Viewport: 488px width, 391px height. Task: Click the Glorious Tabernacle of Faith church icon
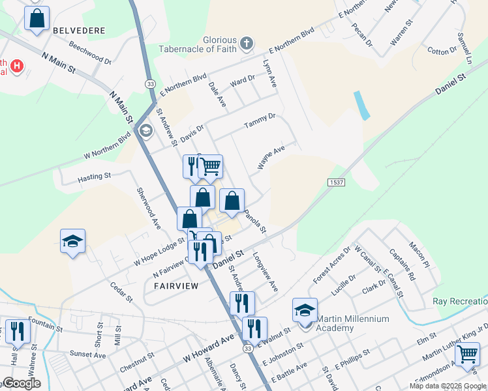(x=246, y=44)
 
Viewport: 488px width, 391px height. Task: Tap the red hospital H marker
(x=17, y=66)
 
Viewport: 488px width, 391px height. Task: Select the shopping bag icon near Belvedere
(x=37, y=18)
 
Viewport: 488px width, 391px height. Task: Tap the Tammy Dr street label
(x=260, y=121)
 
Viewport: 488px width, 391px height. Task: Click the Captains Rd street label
(x=403, y=267)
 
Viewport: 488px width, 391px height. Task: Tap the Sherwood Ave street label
(x=148, y=208)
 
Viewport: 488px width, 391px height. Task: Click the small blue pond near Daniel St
(x=361, y=106)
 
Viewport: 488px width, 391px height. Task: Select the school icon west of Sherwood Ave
(x=73, y=240)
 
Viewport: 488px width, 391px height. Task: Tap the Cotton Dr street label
(x=442, y=50)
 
